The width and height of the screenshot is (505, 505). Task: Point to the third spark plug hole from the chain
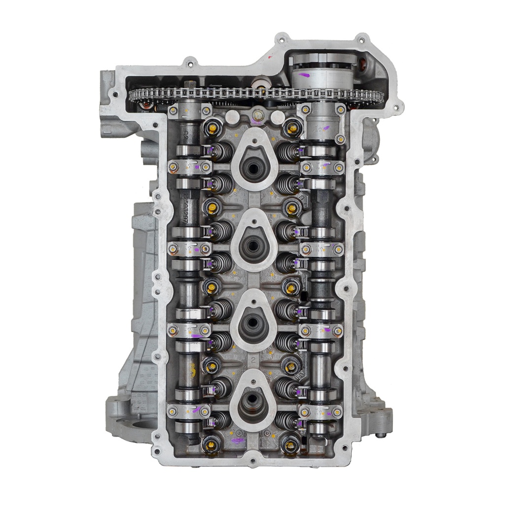(252, 326)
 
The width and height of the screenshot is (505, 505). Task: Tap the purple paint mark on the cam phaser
(304, 75)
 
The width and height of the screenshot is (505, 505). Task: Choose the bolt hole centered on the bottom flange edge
(252, 462)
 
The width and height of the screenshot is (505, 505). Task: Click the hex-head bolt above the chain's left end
(188, 63)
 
